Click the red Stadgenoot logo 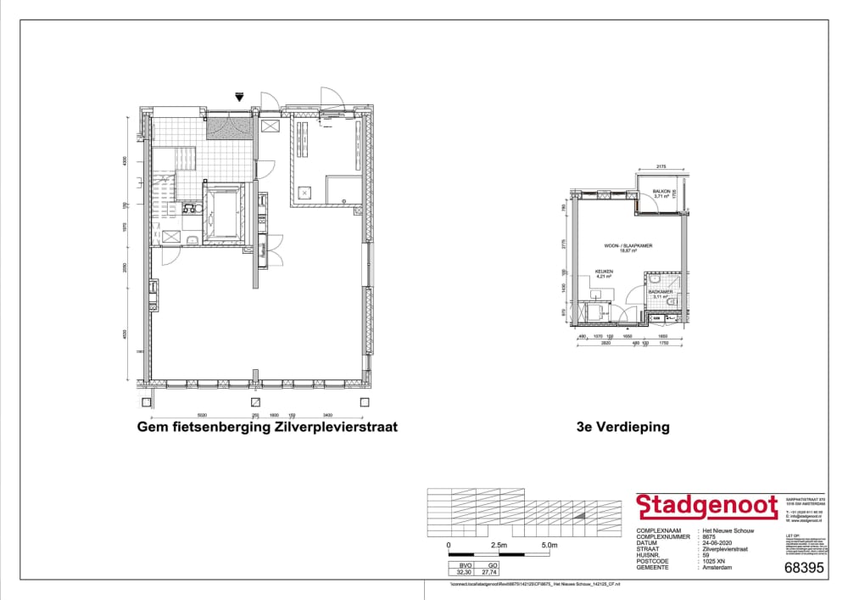pos(706,507)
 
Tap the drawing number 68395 pos(804,569)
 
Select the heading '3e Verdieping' pos(622,427)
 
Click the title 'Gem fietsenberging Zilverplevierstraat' pos(267,427)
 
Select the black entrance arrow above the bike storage pos(240,98)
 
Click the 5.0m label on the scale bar pos(548,545)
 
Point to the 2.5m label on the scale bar pos(498,545)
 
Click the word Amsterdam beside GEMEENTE pos(717,567)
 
